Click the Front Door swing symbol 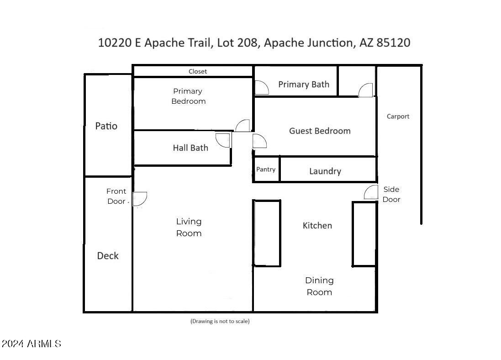[140, 199]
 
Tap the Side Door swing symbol [371, 193]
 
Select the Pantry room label [266, 169]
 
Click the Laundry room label [325, 171]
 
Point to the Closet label [198, 71]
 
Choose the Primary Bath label [304, 84]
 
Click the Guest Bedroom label [320, 131]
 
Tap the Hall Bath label [190, 148]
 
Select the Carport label [398, 116]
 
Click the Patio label [106, 126]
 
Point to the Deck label [108, 256]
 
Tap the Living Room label [189, 227]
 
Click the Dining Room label [319, 286]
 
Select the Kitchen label [317, 226]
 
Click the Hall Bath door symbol [223, 140]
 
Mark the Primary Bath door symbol [261, 88]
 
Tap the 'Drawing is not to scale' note [220, 321]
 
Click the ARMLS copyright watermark [31, 344]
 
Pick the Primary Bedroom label [188, 96]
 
